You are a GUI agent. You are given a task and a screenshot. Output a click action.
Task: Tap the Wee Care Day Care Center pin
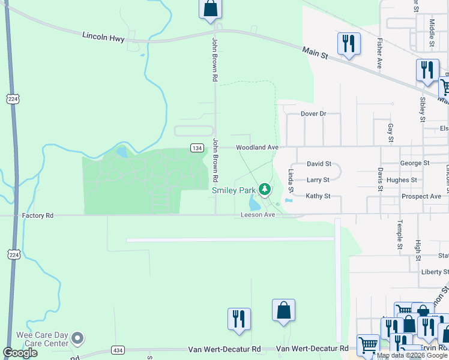(x=77, y=339)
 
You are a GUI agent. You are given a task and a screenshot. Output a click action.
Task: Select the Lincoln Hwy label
(x=103, y=38)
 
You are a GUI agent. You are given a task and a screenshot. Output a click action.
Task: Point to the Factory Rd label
(x=38, y=215)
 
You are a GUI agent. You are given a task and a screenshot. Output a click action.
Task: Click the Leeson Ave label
(x=258, y=215)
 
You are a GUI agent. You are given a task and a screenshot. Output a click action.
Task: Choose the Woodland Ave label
(x=257, y=147)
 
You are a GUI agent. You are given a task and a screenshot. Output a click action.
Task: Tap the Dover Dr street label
(x=313, y=113)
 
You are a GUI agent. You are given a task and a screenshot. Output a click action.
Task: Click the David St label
(x=319, y=163)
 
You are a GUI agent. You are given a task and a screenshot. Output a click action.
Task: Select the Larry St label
(x=318, y=179)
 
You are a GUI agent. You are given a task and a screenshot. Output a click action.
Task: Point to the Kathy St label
(x=318, y=196)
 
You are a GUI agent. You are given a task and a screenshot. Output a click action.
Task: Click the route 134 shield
(x=196, y=148)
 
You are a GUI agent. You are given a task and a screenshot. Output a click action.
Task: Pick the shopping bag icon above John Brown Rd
(x=210, y=8)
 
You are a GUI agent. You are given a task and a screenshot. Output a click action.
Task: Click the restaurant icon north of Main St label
(x=349, y=43)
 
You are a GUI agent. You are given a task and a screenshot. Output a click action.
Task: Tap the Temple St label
(x=399, y=235)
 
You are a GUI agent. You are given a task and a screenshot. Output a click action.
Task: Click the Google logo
(x=20, y=353)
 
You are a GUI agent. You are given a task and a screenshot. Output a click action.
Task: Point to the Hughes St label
(x=402, y=179)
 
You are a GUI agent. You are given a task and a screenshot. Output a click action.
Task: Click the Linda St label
(x=291, y=181)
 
